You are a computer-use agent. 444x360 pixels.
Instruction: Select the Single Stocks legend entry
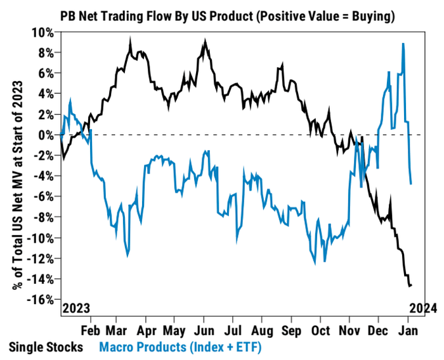(45, 347)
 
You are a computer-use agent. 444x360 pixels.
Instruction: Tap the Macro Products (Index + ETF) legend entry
(180, 347)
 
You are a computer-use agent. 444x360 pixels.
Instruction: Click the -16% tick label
(41, 300)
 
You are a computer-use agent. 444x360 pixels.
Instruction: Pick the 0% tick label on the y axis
(46, 135)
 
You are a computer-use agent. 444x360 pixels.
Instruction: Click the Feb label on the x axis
(91, 330)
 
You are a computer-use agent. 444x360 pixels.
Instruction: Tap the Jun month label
(204, 330)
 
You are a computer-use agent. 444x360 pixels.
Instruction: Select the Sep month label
(291, 330)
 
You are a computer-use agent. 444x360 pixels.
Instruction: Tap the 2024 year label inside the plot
(419, 309)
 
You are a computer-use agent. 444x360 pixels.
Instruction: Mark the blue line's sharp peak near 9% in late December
(403, 44)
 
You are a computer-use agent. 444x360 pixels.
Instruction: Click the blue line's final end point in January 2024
(412, 184)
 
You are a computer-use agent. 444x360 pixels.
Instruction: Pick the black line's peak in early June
(204, 40)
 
